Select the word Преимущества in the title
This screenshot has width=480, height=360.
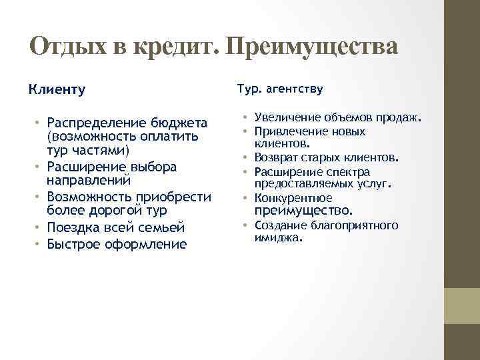point(311,47)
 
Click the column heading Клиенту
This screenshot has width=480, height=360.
point(57,89)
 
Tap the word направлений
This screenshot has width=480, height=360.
point(89,180)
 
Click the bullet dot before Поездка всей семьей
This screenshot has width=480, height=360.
point(38,228)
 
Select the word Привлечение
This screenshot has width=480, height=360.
point(287,131)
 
